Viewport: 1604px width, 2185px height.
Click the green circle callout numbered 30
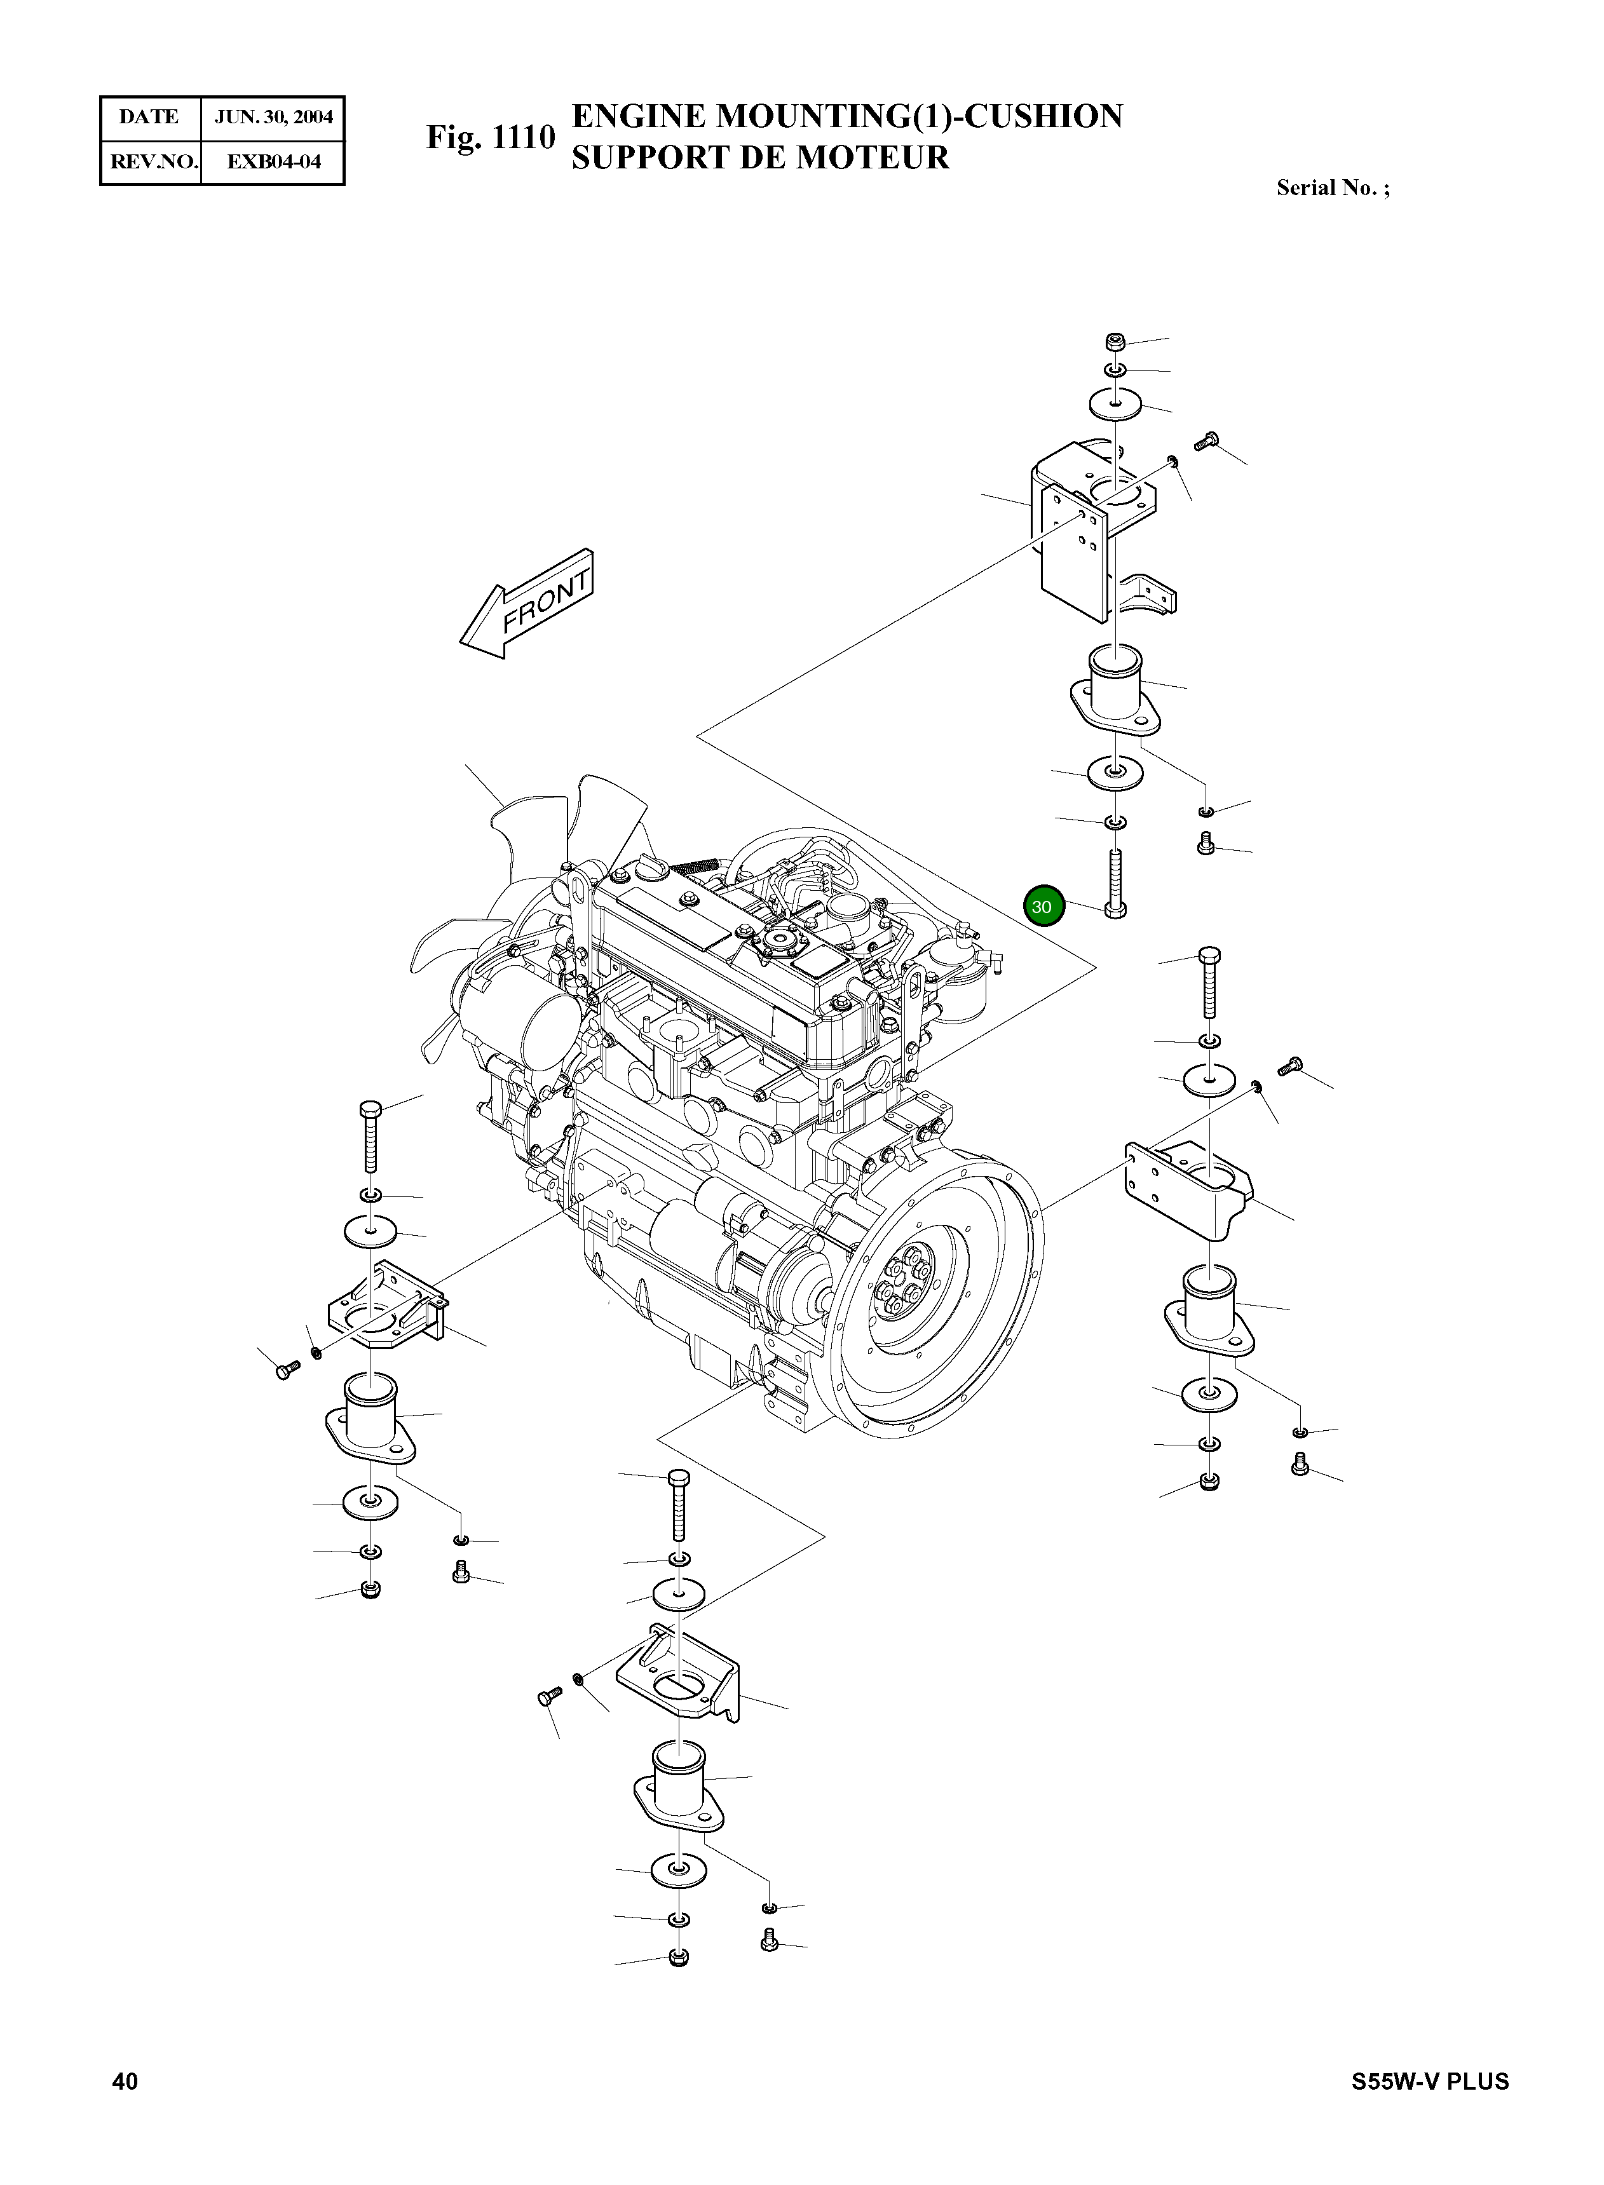pos(1043,907)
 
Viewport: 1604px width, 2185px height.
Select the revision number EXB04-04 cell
pos(273,161)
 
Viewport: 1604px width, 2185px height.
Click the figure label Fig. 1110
pos(491,138)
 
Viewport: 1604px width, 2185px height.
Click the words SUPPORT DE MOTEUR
pos(759,157)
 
